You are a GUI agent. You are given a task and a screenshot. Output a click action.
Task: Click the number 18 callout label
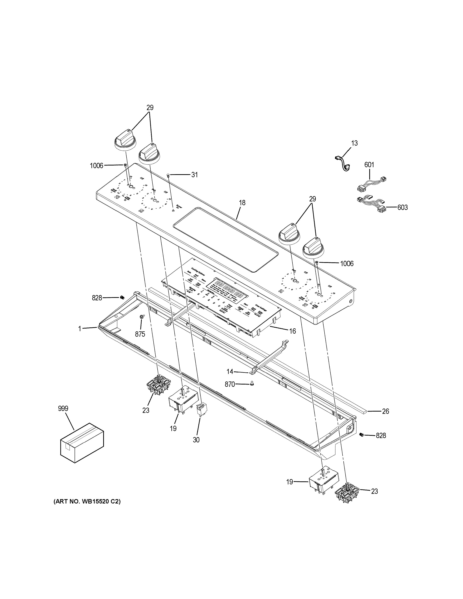[x=242, y=203]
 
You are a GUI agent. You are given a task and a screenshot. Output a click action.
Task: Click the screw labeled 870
[x=252, y=384]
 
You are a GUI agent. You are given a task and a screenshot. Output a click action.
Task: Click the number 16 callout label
[x=293, y=331]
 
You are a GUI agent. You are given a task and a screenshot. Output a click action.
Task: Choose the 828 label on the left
[x=97, y=298]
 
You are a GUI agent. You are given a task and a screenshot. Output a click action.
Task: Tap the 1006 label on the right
[x=347, y=264]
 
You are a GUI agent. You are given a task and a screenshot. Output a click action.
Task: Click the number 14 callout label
[x=230, y=372]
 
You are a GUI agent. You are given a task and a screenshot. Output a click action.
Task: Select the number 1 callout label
[x=80, y=328]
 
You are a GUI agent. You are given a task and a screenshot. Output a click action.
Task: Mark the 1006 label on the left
[x=96, y=166]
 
